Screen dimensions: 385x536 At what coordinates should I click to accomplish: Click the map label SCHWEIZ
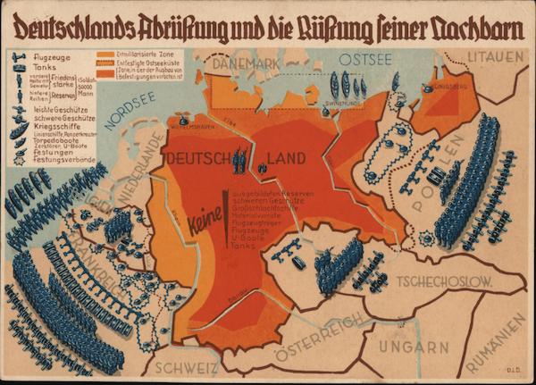click(x=184, y=367)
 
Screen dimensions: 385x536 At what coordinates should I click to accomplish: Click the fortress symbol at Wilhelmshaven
click(x=184, y=120)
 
